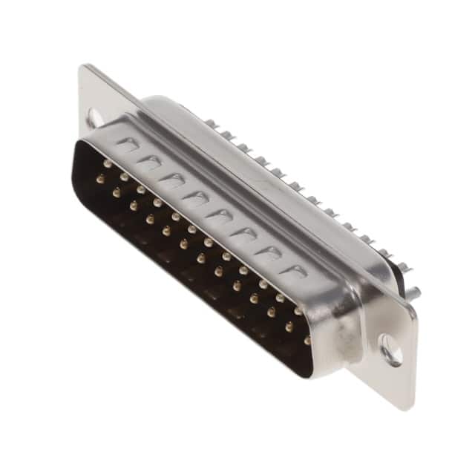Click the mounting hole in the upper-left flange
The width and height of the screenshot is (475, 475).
click(x=94, y=117)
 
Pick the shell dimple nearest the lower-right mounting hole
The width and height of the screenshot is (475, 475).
click(x=295, y=271)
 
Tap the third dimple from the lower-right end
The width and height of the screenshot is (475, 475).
click(x=244, y=235)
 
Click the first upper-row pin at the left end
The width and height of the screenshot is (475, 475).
click(x=108, y=163)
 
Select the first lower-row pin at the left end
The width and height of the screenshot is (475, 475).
click(x=99, y=178)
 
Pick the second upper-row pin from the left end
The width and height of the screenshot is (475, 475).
click(x=124, y=177)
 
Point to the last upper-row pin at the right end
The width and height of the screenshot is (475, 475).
click(x=298, y=312)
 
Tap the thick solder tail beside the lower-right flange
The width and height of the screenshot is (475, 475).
click(x=413, y=292)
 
